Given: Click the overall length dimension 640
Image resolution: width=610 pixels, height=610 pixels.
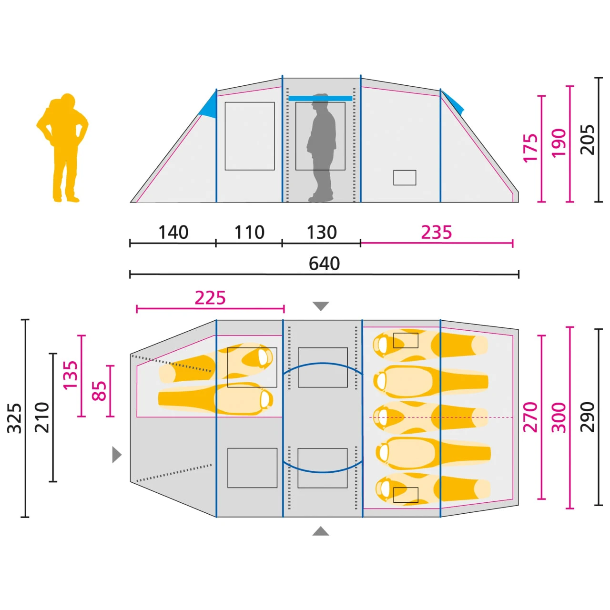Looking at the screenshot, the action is (324, 264).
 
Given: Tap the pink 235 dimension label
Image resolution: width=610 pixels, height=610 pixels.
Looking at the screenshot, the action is (436, 233).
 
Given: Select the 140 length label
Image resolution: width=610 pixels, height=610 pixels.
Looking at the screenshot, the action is (173, 233).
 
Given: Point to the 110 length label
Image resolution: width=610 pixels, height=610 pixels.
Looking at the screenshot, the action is (249, 233).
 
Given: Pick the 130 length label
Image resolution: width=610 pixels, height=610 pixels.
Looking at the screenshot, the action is (322, 233).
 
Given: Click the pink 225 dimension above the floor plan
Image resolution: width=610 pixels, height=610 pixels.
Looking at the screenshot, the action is (210, 298).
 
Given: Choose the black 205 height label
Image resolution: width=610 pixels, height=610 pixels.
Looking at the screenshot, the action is (588, 140).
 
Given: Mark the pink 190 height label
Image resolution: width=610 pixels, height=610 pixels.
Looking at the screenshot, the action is (559, 143).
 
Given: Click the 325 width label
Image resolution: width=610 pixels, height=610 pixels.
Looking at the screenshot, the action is (15, 418).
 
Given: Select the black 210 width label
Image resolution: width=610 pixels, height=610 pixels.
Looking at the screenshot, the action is (42, 417).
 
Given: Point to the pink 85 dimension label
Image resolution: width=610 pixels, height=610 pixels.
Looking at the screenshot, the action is (99, 391).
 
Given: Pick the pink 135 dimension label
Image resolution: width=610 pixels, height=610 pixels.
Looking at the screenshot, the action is (70, 375).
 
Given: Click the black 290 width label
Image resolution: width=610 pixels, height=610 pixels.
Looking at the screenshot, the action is (588, 417).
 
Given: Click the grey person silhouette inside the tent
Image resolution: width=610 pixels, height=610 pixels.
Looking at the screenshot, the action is (321, 148).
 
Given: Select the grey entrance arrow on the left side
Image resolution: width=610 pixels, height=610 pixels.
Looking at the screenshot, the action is (117, 455).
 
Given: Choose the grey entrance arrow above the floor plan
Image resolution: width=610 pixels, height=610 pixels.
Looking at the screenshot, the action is (321, 306).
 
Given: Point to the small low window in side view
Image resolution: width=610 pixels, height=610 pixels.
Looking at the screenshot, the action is (405, 178).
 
